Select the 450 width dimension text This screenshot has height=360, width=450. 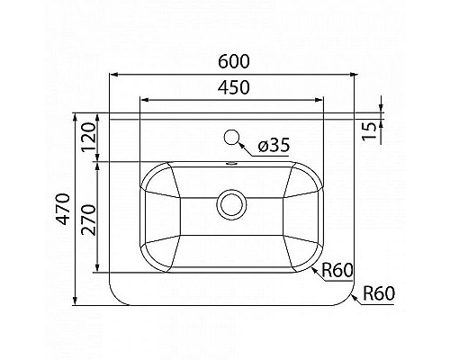coord(233,87)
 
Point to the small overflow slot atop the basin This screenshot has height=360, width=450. coord(233,165)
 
